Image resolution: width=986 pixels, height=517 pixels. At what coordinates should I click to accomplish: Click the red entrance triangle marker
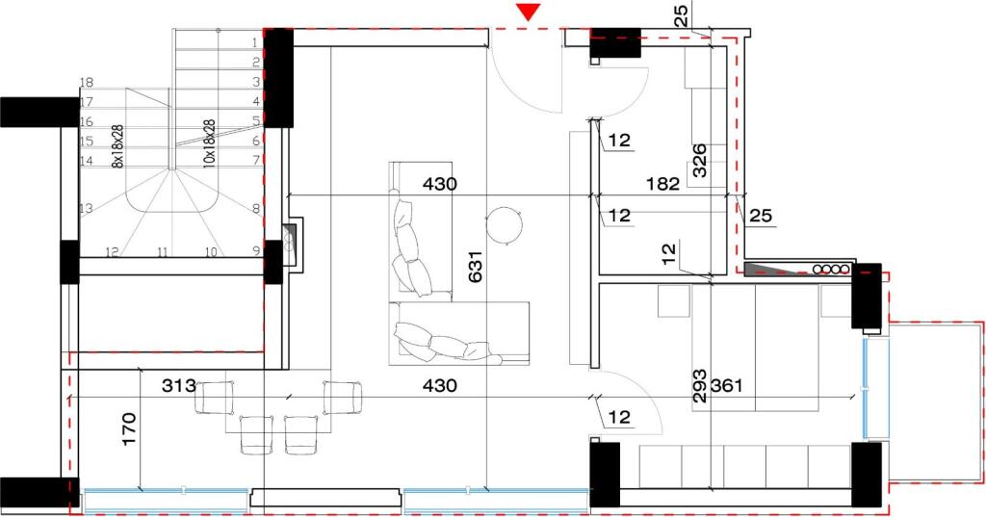pyautogui.click(x=529, y=12)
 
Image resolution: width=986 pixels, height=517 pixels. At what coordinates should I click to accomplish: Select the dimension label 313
pyautogui.click(x=178, y=386)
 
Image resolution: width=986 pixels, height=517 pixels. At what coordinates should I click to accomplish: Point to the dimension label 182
pyautogui.click(x=664, y=183)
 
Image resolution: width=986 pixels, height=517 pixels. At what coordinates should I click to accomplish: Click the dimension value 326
pyautogui.click(x=700, y=161)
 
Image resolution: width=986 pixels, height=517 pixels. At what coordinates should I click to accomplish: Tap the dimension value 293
pyautogui.click(x=700, y=386)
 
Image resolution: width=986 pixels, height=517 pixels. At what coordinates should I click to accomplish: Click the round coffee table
pyautogui.click(x=505, y=225)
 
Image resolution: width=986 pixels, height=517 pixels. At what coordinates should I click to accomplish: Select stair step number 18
pyautogui.click(x=86, y=83)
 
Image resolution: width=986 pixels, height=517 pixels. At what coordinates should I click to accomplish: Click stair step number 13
pyautogui.click(x=86, y=209)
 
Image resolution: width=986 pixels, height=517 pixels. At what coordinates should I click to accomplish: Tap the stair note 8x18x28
pyautogui.click(x=117, y=146)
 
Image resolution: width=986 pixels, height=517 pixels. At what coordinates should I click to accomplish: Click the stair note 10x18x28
pyautogui.click(x=208, y=144)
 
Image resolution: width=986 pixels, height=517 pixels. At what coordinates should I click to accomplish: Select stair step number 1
pyautogui.click(x=255, y=42)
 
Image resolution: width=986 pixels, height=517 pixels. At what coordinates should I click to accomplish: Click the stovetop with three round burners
pyautogui.click(x=828, y=269)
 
